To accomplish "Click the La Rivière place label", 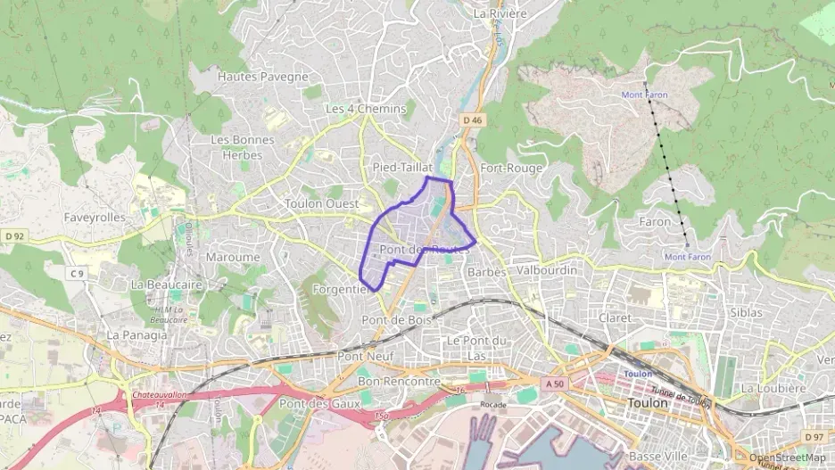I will (500, 14).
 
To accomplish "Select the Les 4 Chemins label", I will (365, 109).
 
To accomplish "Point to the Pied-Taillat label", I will (402, 168).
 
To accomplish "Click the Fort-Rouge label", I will (510, 168).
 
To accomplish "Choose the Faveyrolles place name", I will (95, 217).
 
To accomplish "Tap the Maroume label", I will (233, 257).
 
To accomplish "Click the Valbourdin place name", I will (547, 269).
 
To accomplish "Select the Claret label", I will (616, 317).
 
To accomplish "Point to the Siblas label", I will (746, 313).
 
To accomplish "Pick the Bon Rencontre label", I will (399, 382).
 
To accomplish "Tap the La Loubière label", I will (773, 388).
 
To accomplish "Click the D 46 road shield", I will (472, 119).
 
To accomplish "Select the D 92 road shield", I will (14, 236).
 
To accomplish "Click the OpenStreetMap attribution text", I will (787, 458).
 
